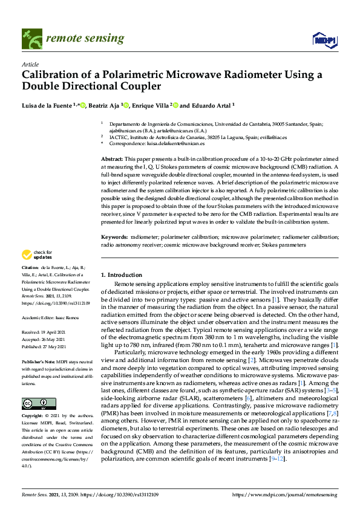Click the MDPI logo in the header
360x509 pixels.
point(324,40)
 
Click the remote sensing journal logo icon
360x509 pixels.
point(30,39)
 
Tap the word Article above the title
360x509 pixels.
point(30,64)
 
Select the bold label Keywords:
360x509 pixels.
point(114,238)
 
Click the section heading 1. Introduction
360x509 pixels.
point(121,274)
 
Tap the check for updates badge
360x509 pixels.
point(38,255)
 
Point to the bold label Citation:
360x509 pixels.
point(30,267)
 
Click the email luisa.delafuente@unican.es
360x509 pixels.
point(175,144)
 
